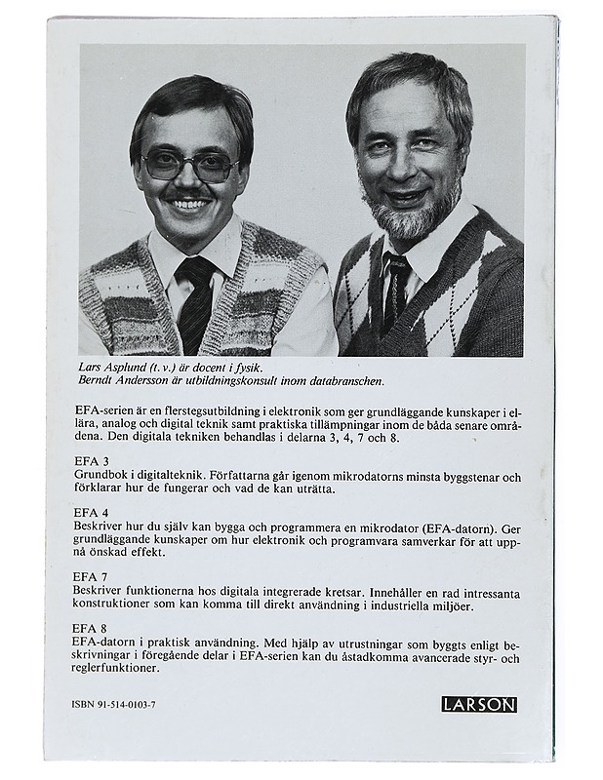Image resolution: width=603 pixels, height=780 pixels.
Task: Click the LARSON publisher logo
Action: tap(478, 704)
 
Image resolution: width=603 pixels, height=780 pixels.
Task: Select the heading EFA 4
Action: tap(91, 512)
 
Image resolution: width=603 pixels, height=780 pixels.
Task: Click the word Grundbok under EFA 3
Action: tap(100, 475)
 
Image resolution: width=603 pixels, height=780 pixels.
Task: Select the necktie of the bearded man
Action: tap(395, 288)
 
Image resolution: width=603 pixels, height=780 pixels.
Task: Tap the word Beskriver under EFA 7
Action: tap(100, 591)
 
